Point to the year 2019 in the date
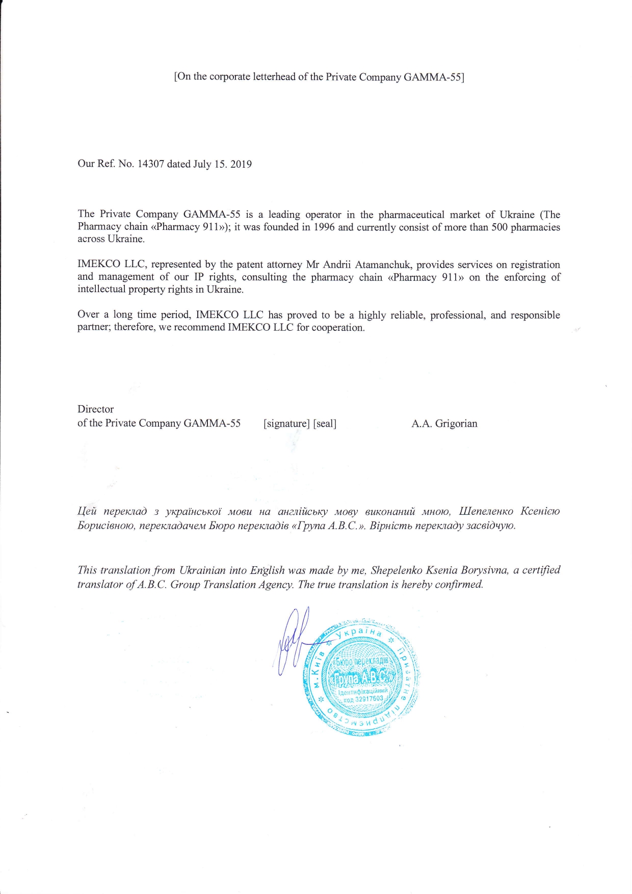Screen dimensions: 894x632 [241, 164]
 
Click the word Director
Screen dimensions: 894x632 [95, 409]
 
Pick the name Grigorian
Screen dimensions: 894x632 [456, 424]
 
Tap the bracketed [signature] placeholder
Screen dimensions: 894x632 [286, 424]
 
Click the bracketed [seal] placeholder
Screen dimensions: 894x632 [325, 424]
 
